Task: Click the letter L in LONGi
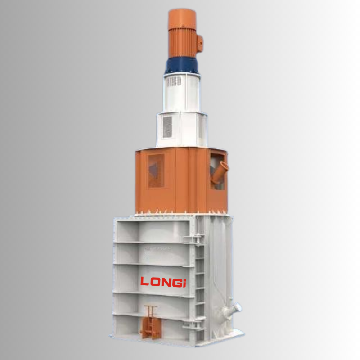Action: (144, 281)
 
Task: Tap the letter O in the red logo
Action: (156, 282)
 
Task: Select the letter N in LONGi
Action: (166, 283)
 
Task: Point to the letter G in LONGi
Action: (177, 283)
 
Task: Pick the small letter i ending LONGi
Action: (184, 283)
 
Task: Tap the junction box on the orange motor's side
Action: (199, 43)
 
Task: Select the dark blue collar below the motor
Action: (182, 66)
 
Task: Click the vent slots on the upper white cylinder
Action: (174, 81)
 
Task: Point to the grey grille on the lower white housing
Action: (167, 127)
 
